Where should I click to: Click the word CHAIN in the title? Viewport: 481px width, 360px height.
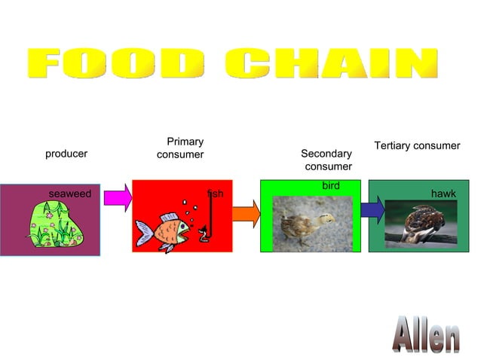tap(332, 63)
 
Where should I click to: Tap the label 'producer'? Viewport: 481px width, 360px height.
tap(66, 154)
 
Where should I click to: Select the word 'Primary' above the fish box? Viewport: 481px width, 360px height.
tap(185, 142)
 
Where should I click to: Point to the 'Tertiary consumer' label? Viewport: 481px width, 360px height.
tap(417, 145)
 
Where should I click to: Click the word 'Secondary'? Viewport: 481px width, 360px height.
tap(326, 154)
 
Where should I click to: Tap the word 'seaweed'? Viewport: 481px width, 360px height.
tap(69, 194)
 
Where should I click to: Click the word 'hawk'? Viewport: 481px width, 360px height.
tap(443, 194)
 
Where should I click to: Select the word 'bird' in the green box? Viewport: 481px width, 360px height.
tap(330, 185)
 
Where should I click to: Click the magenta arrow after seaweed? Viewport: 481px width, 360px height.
tap(117, 198)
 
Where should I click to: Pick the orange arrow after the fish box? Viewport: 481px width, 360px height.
tap(246, 214)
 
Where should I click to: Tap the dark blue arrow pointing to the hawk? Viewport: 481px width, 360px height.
tap(372, 209)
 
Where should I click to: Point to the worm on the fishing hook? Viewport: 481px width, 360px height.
tap(203, 235)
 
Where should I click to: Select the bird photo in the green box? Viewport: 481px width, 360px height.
tap(312, 224)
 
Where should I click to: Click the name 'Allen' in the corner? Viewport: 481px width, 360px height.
tap(427, 336)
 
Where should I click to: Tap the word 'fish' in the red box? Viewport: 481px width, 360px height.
tap(216, 194)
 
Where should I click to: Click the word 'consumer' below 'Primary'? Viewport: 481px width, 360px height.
tap(180, 155)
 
